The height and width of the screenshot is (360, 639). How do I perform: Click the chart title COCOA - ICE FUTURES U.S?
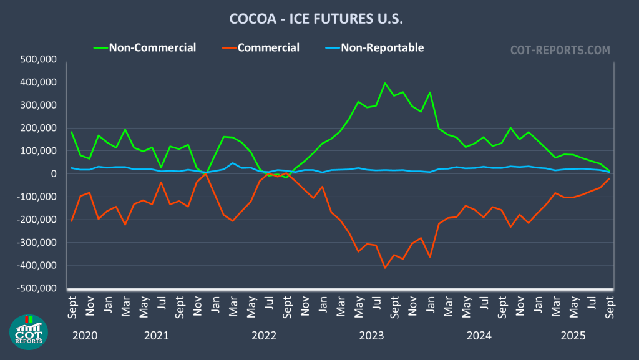pos(316,19)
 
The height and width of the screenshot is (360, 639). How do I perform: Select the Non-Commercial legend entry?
pos(152,47)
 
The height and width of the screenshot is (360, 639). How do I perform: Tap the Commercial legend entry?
pos(268,47)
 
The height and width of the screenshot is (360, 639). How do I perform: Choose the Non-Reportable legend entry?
pos(382,47)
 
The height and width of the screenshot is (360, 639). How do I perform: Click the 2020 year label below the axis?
pos(84,336)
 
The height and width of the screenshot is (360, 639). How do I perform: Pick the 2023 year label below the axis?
pos(372,336)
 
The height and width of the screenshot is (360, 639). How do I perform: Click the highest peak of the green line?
pos(384,83)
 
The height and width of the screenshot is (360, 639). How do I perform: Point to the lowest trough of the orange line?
pos(384,268)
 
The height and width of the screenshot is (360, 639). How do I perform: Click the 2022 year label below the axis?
pos(264,336)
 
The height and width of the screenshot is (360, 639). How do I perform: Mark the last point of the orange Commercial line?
pos(609,179)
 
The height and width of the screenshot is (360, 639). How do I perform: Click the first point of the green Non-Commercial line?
pos(71,132)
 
